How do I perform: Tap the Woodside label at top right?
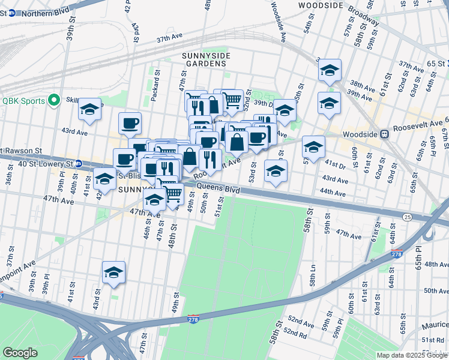point(321,5)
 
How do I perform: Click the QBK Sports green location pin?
point(55,100)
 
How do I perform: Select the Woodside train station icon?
point(386,135)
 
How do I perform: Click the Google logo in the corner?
point(20,352)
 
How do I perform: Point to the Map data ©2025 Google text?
point(411,355)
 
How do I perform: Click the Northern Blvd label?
point(43,12)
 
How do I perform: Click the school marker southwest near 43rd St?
point(113,273)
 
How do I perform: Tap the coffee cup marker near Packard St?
point(130,124)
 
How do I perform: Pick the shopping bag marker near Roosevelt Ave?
point(237,143)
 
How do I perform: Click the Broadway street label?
point(363,16)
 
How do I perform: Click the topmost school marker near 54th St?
point(329,71)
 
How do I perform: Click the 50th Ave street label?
point(436,290)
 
